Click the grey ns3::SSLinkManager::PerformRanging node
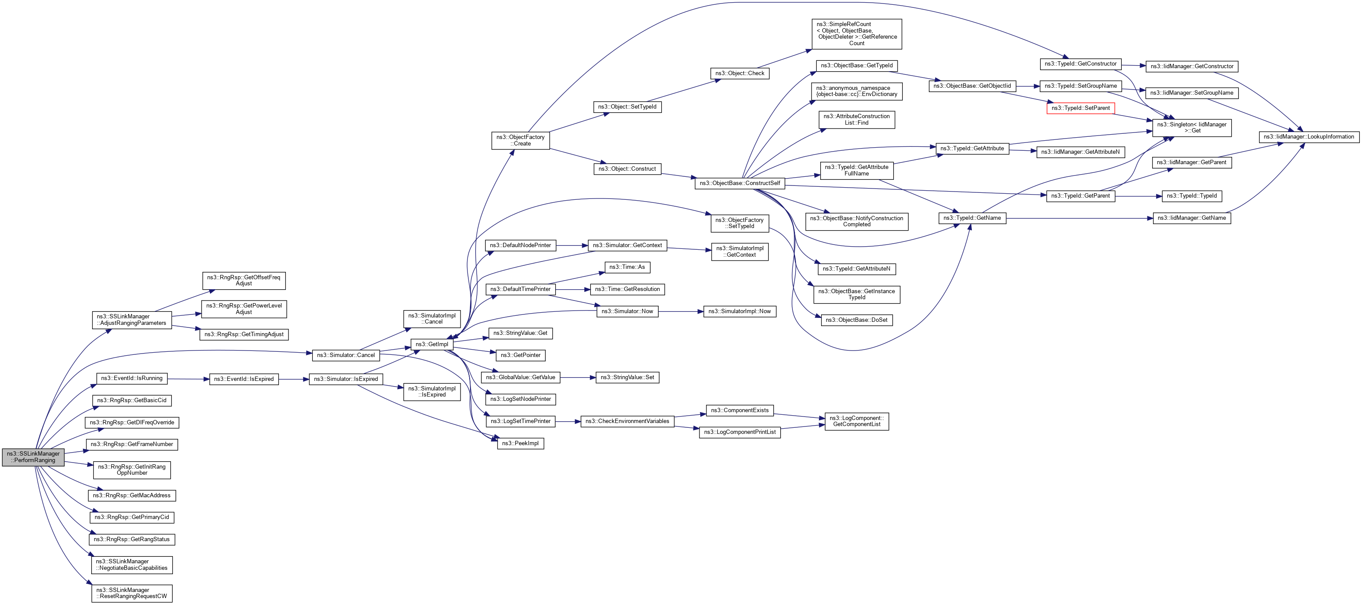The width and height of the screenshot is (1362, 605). tap(33, 457)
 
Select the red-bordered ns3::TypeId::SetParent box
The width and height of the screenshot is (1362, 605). tap(1080, 108)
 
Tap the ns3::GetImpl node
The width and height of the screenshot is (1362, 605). tap(431, 344)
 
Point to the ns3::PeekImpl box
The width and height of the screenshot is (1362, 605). tap(520, 443)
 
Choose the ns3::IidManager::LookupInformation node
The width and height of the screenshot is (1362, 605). tap(1309, 137)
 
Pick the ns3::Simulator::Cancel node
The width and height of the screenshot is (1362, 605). tap(345, 355)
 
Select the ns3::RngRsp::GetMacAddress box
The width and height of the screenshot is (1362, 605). tap(132, 496)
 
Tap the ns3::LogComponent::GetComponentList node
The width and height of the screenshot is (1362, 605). tap(857, 422)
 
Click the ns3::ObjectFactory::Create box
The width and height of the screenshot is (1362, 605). tap(520, 141)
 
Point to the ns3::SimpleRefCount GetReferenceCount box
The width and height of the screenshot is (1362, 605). tap(857, 34)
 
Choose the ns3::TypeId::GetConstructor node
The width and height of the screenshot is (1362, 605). tap(1080, 64)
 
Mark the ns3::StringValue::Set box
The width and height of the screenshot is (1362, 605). tap(627, 377)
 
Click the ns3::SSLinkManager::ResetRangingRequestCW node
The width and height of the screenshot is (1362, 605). tap(132, 593)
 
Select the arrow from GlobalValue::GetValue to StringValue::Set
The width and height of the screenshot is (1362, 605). tap(578, 377)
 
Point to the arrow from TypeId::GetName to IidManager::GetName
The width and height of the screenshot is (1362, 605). tap(1079, 218)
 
